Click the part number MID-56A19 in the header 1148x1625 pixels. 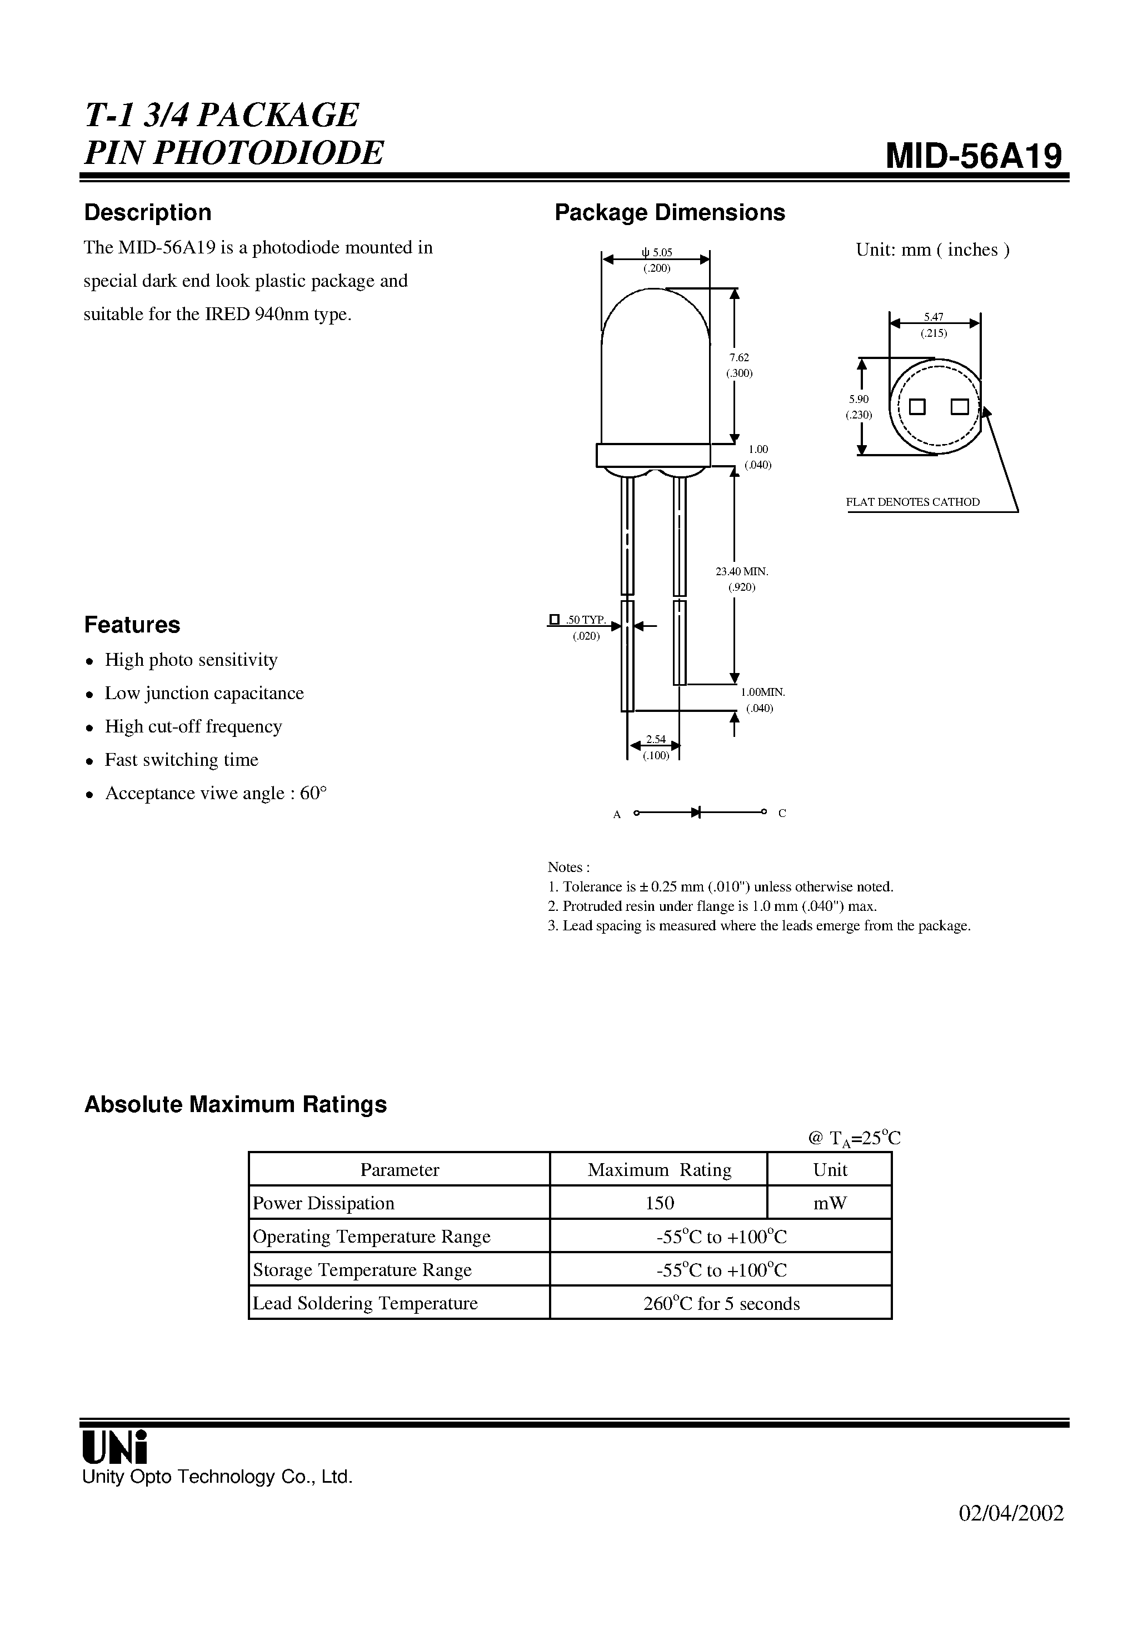pos(974,156)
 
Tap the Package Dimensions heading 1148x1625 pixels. pos(670,212)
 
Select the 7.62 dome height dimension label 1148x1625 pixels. pos(739,358)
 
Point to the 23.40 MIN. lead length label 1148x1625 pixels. pos(741,571)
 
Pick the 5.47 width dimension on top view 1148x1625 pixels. pos(934,318)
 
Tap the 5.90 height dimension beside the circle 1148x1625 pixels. pos(858,399)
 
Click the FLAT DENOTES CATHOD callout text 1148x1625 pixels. pos(912,502)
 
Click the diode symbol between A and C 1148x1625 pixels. pos(696,812)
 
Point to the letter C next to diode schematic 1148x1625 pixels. pos(782,813)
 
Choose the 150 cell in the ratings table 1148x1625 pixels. pos(659,1203)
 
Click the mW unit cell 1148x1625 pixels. pos(830,1203)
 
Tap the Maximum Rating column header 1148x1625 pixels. pos(659,1170)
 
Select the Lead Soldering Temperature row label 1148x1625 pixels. pos(365,1303)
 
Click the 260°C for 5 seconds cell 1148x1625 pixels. pos(721,1304)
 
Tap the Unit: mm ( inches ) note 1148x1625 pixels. pos(932,250)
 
